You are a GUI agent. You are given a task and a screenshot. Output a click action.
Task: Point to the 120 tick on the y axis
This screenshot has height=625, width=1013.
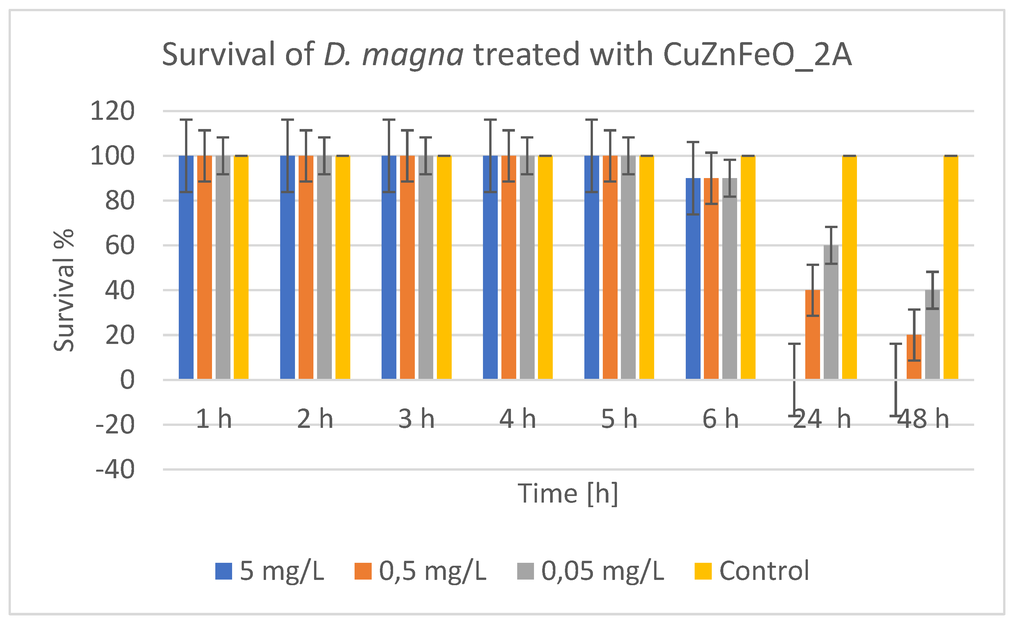[113, 111]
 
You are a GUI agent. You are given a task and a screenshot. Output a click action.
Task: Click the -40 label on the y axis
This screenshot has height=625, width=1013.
[115, 470]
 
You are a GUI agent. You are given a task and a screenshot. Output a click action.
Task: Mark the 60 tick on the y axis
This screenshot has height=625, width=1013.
[120, 246]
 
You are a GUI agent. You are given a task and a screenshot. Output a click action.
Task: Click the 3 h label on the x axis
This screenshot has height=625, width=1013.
[416, 419]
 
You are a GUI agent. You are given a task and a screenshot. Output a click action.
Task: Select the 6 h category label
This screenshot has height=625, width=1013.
[721, 419]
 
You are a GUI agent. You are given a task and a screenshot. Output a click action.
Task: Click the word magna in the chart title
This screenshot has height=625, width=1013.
[413, 55]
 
